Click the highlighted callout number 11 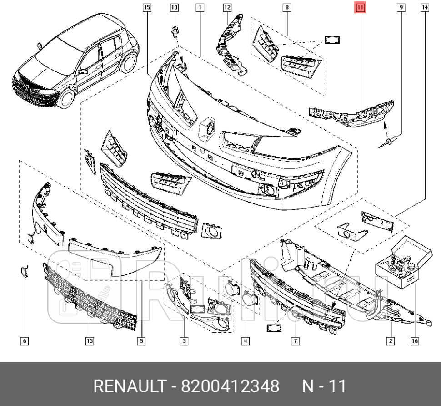tap(360, 8)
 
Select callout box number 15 tap(146, 8)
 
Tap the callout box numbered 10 tap(175, 8)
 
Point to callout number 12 tap(227, 8)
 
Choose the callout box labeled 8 tap(287, 8)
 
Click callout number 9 tap(401, 8)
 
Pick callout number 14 tap(425, 8)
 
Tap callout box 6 tap(25, 341)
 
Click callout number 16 tap(414, 341)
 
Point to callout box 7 tap(295, 341)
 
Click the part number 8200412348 tap(230, 386)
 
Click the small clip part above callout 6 tap(24, 271)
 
